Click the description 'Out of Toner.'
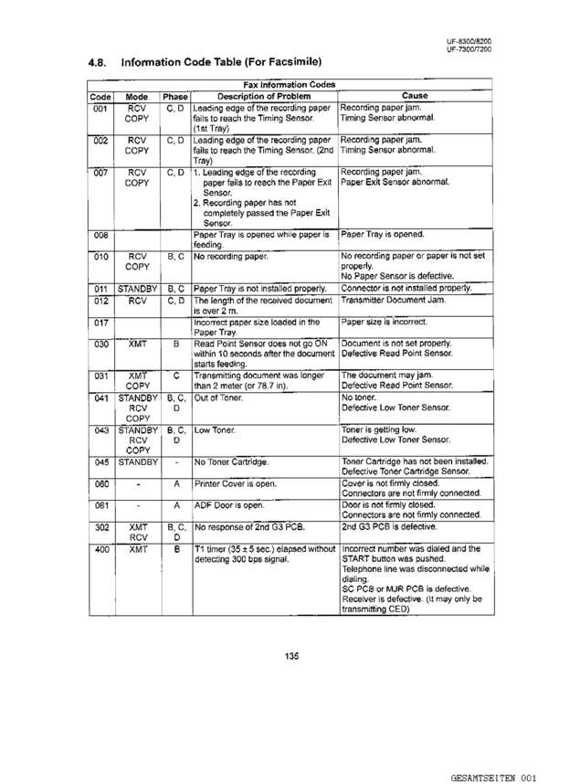(x=220, y=398)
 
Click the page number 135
(x=291, y=654)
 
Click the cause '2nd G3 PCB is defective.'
(x=393, y=527)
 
